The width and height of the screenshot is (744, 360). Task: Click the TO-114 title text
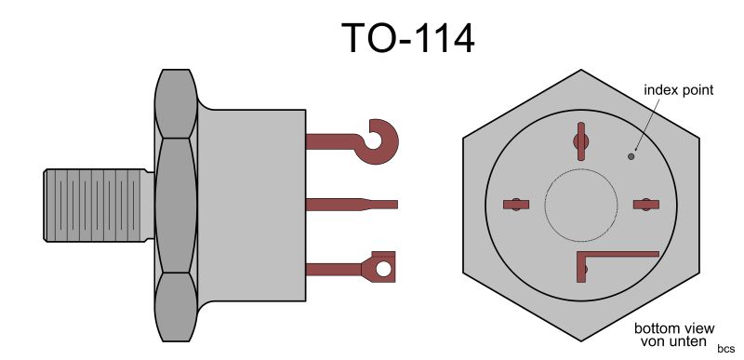click(x=407, y=38)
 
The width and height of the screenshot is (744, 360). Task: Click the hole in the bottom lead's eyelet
click(x=383, y=269)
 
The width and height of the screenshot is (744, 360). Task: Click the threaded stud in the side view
click(x=99, y=205)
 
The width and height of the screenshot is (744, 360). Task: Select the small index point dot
click(x=631, y=156)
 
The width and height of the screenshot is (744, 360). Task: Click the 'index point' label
click(x=679, y=89)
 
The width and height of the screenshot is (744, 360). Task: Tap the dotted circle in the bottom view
click(x=581, y=205)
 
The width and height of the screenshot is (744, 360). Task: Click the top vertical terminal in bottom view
click(x=580, y=141)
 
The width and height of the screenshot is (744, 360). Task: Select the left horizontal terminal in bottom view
click(x=516, y=205)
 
